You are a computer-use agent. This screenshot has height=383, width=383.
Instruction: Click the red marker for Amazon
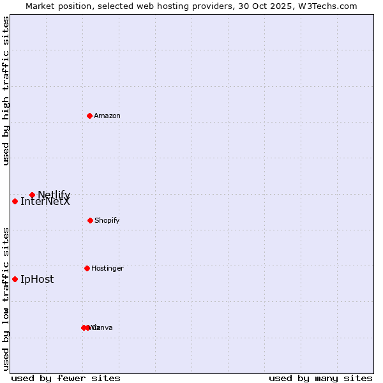coord(89,116)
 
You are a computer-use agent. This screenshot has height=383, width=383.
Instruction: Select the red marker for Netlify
coord(32,195)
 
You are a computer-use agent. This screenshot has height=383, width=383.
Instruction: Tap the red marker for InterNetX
coord(15,201)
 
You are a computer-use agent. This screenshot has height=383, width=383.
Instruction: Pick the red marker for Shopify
coord(90,220)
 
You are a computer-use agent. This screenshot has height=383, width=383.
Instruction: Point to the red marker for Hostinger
coord(87,268)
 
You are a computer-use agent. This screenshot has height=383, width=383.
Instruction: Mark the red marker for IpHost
coord(15,279)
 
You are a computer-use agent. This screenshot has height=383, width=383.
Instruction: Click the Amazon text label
coord(107,116)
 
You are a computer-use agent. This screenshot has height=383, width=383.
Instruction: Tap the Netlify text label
coord(54,195)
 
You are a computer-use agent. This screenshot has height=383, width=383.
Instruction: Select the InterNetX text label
coord(45,202)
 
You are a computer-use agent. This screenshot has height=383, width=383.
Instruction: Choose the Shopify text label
coord(107,220)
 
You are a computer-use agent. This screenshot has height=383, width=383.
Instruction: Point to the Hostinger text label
coord(107,268)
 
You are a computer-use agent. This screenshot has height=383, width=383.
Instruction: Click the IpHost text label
coord(37,279)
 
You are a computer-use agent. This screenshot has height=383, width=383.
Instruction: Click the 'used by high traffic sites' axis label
coord(6,91)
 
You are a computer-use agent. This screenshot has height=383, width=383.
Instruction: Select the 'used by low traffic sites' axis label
coord(6,299)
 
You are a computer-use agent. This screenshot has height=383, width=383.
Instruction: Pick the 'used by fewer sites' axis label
coord(66,379)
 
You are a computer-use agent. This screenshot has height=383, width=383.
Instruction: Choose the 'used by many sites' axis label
coord(320,379)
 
